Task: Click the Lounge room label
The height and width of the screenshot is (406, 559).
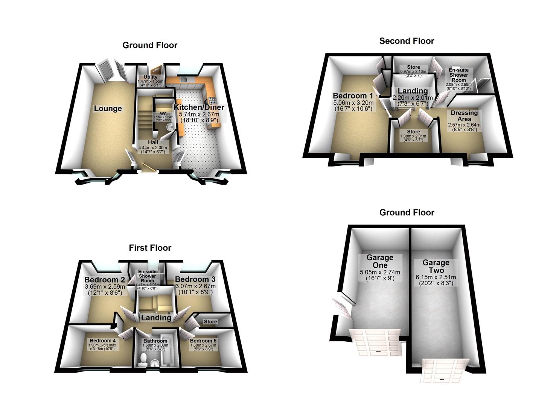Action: pyautogui.click(x=108, y=109)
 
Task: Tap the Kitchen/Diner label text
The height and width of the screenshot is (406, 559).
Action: pyautogui.click(x=199, y=107)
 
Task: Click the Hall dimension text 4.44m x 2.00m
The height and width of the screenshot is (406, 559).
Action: pyautogui.click(x=153, y=148)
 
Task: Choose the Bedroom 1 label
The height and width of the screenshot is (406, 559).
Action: pyautogui.click(x=353, y=95)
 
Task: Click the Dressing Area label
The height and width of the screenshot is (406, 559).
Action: pyautogui.click(x=464, y=116)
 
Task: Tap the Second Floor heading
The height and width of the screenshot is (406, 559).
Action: pyautogui.click(x=407, y=41)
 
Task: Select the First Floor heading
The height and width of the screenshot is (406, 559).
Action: pyautogui.click(x=150, y=248)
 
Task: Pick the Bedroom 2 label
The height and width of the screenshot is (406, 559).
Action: pyautogui.click(x=104, y=280)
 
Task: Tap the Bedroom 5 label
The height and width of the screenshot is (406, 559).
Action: pyautogui.click(x=203, y=341)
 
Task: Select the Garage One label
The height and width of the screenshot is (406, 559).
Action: pyautogui.click(x=380, y=261)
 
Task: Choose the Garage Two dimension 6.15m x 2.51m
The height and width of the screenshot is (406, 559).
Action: pyautogui.click(x=436, y=277)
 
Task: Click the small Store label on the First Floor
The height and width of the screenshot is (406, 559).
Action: pyautogui.click(x=210, y=322)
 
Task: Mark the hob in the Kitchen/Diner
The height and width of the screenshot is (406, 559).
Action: pyautogui.click(x=212, y=100)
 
